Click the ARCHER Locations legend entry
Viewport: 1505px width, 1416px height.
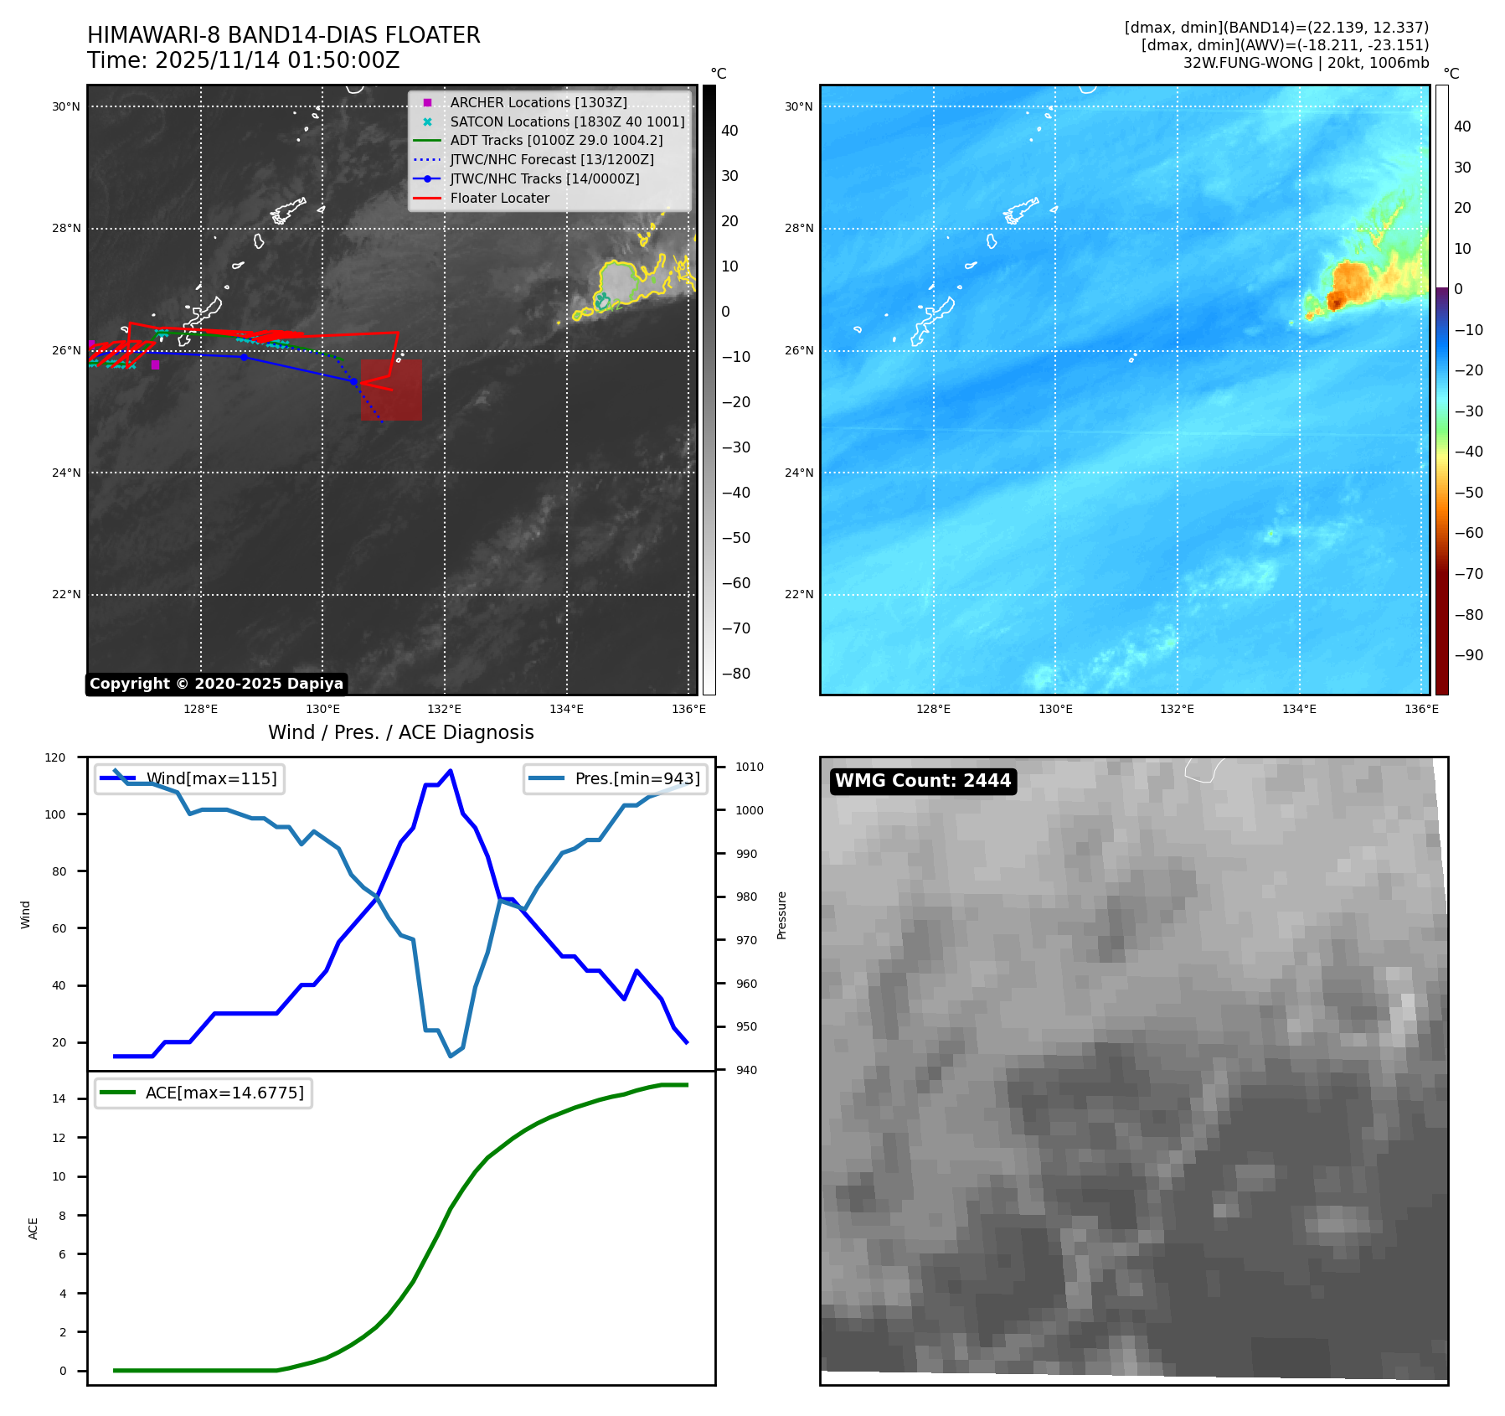click(x=538, y=102)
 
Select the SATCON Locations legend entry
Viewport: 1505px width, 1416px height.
click(x=566, y=121)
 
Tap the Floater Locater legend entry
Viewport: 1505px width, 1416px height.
click(x=499, y=199)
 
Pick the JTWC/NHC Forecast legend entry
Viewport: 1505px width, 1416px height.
click(x=551, y=160)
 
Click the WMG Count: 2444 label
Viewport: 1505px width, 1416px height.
click(x=923, y=781)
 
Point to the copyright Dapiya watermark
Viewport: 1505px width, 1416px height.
click(x=216, y=684)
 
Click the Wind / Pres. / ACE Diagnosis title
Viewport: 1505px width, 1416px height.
click(x=400, y=732)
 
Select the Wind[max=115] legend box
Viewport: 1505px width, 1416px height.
click(x=189, y=778)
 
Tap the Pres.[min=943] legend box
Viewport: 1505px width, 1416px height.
click(x=616, y=778)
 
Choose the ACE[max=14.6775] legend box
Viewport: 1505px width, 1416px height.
click(x=203, y=1093)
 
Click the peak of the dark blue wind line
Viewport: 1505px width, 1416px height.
click(x=451, y=770)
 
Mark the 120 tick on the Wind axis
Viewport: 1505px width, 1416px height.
click(x=55, y=757)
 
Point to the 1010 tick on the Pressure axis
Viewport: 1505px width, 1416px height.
click(x=750, y=767)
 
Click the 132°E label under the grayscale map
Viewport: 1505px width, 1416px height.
click(x=445, y=710)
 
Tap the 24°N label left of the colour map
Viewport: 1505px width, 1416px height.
click(x=798, y=473)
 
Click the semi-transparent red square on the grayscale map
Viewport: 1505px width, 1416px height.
click(x=391, y=390)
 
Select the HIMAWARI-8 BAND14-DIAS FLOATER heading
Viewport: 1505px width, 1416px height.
click(x=283, y=35)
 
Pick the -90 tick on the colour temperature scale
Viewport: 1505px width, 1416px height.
click(x=1468, y=655)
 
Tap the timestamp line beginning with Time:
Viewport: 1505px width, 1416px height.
click(x=243, y=60)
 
